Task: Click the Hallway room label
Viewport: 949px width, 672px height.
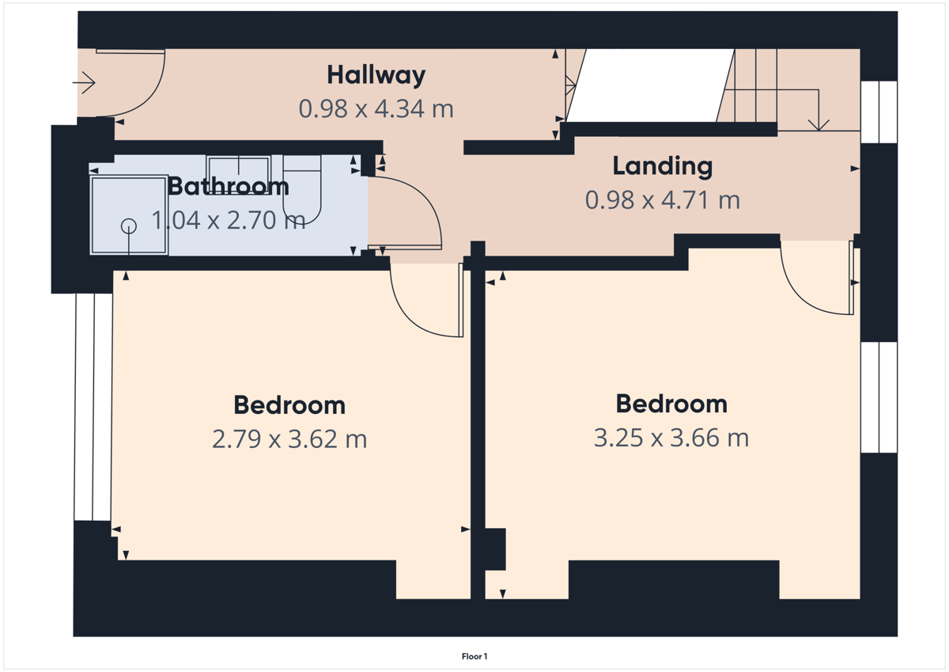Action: pyautogui.click(x=376, y=75)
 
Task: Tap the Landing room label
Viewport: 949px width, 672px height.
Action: pyautogui.click(x=663, y=165)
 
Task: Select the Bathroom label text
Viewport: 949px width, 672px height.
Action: pyautogui.click(x=229, y=186)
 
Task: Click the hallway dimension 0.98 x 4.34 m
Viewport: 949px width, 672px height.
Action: pyautogui.click(x=376, y=108)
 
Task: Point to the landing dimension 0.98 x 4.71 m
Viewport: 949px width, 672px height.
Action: pyautogui.click(x=663, y=200)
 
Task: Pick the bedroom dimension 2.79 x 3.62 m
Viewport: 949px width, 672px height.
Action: pyautogui.click(x=289, y=439)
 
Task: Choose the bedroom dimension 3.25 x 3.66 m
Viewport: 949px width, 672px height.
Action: pyautogui.click(x=671, y=438)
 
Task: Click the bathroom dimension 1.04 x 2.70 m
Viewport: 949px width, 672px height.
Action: pyautogui.click(x=229, y=221)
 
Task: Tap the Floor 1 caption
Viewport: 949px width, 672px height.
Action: pyautogui.click(x=475, y=656)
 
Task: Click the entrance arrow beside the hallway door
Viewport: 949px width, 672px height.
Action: pyautogui.click(x=84, y=82)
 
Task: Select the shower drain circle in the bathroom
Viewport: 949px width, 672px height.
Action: pyautogui.click(x=129, y=226)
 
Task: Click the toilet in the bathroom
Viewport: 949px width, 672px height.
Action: pyautogui.click(x=302, y=189)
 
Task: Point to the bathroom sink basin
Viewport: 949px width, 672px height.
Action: pyautogui.click(x=239, y=175)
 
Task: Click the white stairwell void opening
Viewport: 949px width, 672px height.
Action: pyautogui.click(x=650, y=85)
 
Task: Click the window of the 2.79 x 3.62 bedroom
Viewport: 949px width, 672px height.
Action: pyautogui.click(x=93, y=407)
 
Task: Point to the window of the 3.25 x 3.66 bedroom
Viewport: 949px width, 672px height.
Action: pyautogui.click(x=879, y=397)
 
